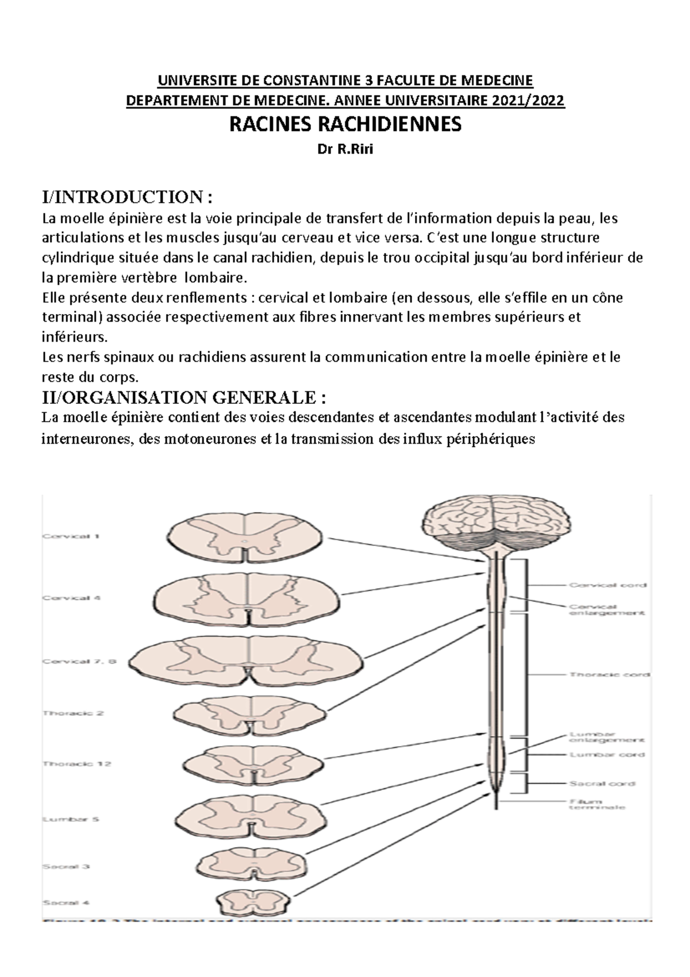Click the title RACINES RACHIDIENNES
(345, 124)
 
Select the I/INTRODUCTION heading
(127, 197)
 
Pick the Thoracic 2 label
(73, 713)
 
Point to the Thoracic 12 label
(76, 764)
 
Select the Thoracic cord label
(609, 674)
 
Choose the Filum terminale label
(596, 804)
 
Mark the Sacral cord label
(601, 784)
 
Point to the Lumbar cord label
(607, 754)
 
